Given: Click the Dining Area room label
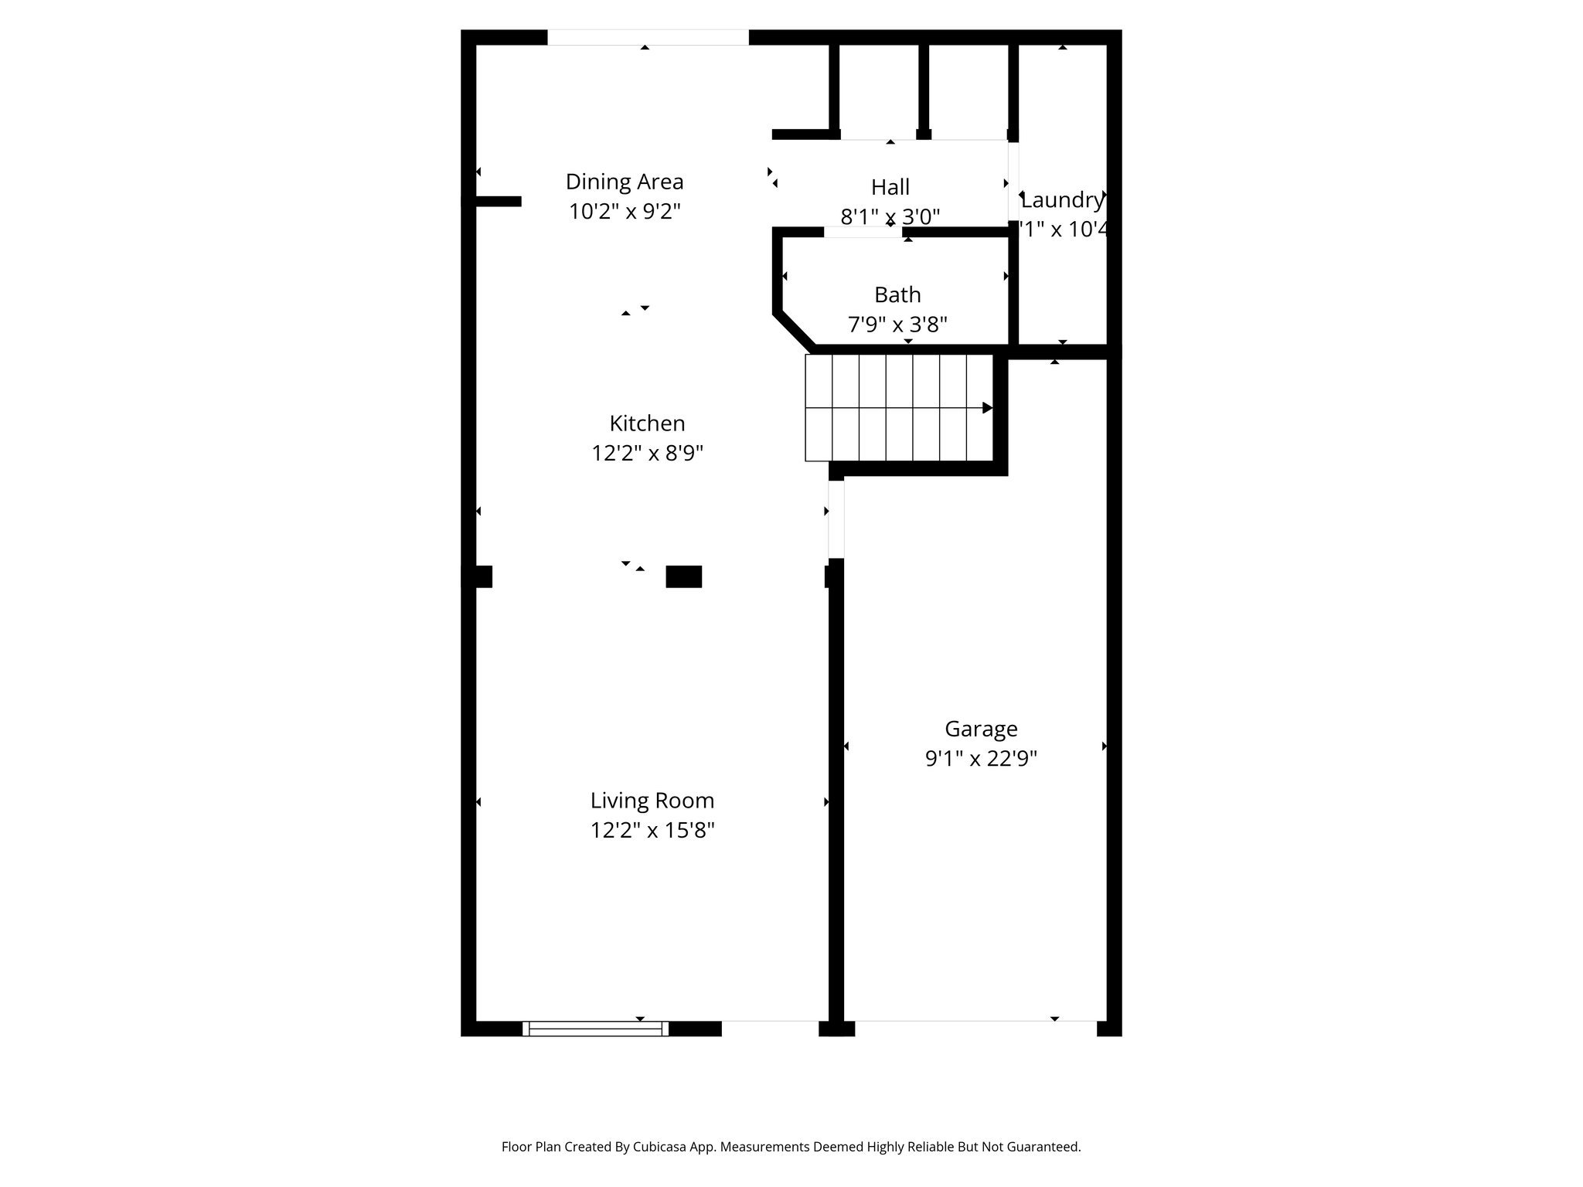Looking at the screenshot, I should click(x=625, y=182).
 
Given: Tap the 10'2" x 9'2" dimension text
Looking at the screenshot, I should click(x=625, y=212).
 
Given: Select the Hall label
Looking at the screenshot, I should click(x=890, y=187).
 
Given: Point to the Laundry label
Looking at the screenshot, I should click(x=1062, y=200).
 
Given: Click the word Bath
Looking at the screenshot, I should click(x=897, y=294).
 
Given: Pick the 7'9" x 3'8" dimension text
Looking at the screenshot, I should click(x=897, y=325).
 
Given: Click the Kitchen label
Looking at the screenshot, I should click(x=647, y=423).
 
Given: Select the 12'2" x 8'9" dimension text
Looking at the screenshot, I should click(x=647, y=453).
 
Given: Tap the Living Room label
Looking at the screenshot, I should click(x=652, y=800).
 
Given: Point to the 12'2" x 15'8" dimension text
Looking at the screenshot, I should click(x=652, y=830).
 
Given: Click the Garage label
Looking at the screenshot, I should click(x=981, y=729).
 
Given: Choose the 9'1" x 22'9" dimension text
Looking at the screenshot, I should click(x=981, y=759).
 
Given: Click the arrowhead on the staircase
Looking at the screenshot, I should click(x=987, y=408).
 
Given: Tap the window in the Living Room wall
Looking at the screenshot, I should click(x=595, y=1029).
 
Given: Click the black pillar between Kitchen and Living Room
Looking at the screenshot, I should click(x=683, y=576).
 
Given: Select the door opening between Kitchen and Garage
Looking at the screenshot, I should click(x=836, y=518).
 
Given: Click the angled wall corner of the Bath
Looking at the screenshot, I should click(x=795, y=330).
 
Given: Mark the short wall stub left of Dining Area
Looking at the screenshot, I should click(x=496, y=201).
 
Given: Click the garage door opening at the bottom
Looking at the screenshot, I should click(x=975, y=1028).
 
